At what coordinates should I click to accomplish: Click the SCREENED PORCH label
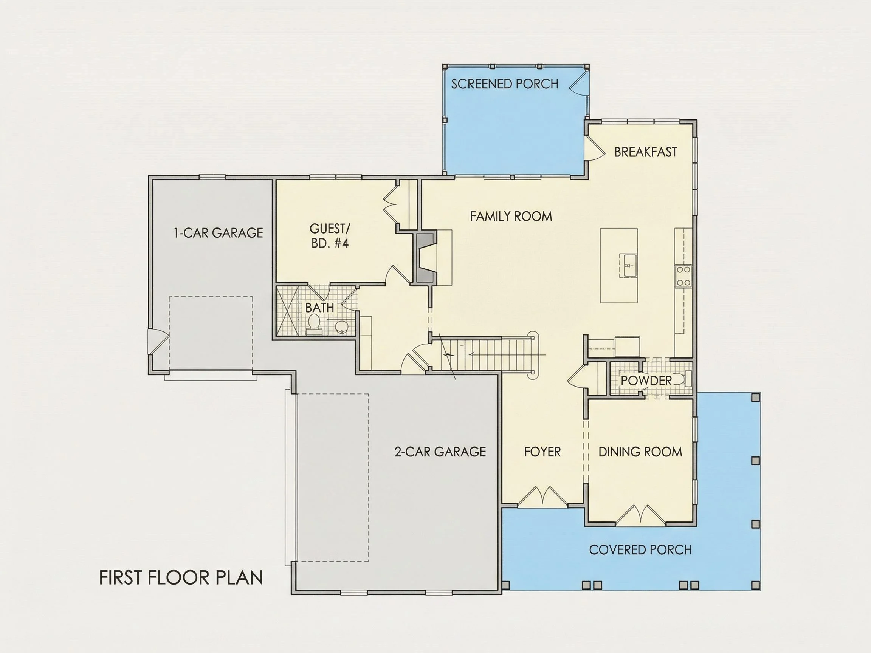504,84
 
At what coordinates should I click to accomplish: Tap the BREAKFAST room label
645,152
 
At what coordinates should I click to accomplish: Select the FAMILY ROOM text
511,216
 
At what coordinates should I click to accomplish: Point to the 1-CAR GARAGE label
218,233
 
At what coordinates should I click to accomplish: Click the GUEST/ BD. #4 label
330,236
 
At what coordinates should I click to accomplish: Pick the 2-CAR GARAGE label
440,452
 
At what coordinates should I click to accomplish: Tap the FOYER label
542,452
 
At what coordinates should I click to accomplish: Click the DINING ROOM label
640,452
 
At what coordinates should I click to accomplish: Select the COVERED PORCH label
640,550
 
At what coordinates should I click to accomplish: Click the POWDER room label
646,381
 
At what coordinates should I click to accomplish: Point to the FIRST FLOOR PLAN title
181,578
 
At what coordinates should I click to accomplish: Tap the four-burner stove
683,276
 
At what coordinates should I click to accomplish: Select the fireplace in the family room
425,257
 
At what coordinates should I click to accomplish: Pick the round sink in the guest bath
341,326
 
